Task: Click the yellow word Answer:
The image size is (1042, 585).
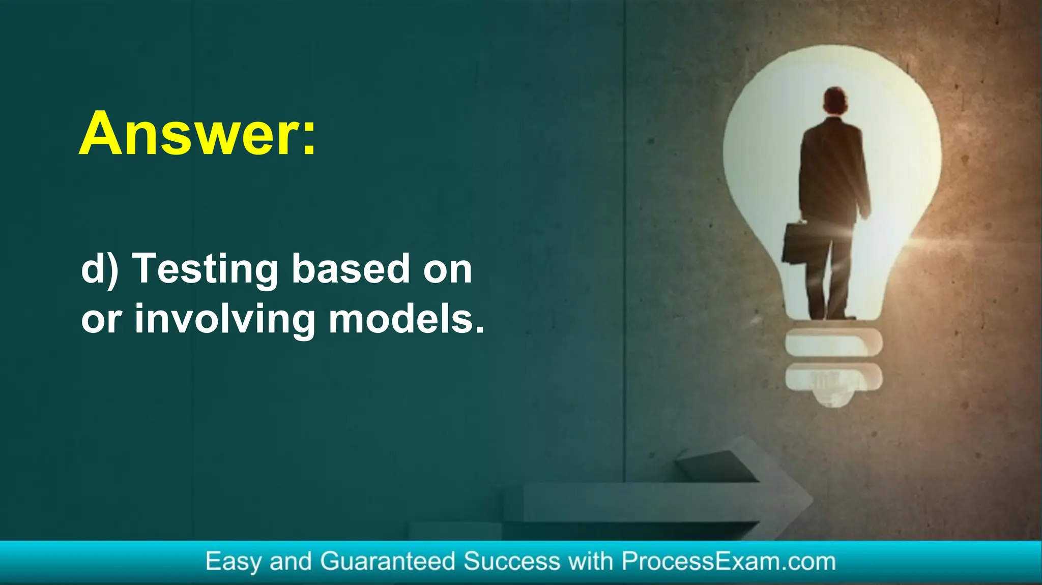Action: (x=197, y=134)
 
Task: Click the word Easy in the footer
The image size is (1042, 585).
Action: (x=234, y=562)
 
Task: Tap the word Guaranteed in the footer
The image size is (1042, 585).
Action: (x=387, y=562)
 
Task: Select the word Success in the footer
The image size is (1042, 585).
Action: (x=512, y=562)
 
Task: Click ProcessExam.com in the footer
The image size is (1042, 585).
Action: (x=729, y=562)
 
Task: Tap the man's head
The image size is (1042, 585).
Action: (x=835, y=101)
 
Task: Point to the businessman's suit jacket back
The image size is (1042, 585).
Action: (x=833, y=168)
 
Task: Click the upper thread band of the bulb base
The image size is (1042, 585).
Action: (x=833, y=342)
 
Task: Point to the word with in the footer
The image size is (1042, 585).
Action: (x=591, y=562)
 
